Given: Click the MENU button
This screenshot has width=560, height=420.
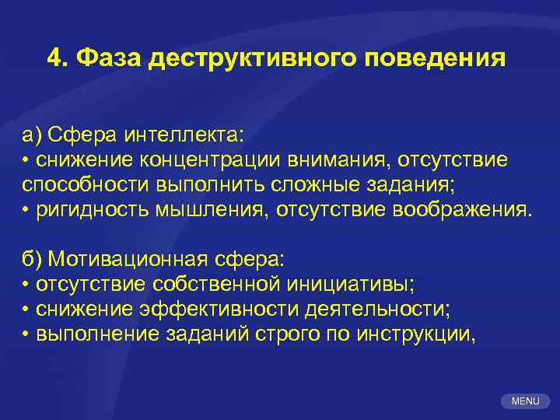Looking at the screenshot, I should tap(526, 401).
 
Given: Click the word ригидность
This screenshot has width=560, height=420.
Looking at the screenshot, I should tap(86, 209).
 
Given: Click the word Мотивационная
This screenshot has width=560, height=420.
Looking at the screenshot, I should tap(136, 259).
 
